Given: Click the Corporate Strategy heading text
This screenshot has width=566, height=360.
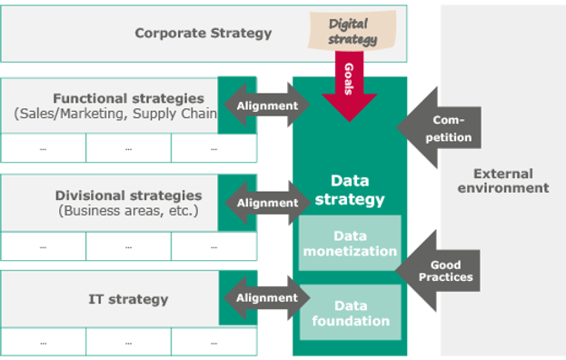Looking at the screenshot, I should (203, 34).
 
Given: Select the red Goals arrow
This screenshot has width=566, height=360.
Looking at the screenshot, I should (349, 87).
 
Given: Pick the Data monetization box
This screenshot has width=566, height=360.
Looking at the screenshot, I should (350, 243).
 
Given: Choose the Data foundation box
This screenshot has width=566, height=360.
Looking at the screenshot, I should (350, 313).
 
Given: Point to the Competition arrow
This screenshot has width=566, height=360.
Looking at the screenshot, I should (442, 128).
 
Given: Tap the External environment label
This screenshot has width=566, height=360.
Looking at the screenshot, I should (502, 181).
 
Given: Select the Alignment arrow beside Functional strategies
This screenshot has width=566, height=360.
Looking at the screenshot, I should (266, 105).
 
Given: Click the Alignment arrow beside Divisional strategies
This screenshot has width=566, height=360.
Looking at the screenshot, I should (266, 203).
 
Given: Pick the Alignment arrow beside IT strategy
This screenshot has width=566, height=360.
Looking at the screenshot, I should (266, 297).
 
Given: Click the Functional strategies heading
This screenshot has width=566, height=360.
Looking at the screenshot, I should (128, 98).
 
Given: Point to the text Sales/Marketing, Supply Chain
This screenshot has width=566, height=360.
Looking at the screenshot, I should (116, 114).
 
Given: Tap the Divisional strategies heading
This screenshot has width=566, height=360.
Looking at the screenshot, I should (128, 195).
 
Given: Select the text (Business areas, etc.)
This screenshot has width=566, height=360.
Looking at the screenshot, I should (128, 211).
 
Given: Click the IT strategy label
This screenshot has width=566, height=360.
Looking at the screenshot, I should (128, 299).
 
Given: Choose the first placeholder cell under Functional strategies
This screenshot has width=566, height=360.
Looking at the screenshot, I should (44, 148).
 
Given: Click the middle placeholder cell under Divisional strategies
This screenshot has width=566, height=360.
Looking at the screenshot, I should (128, 245).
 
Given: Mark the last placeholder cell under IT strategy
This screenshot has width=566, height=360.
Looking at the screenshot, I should (213, 342).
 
